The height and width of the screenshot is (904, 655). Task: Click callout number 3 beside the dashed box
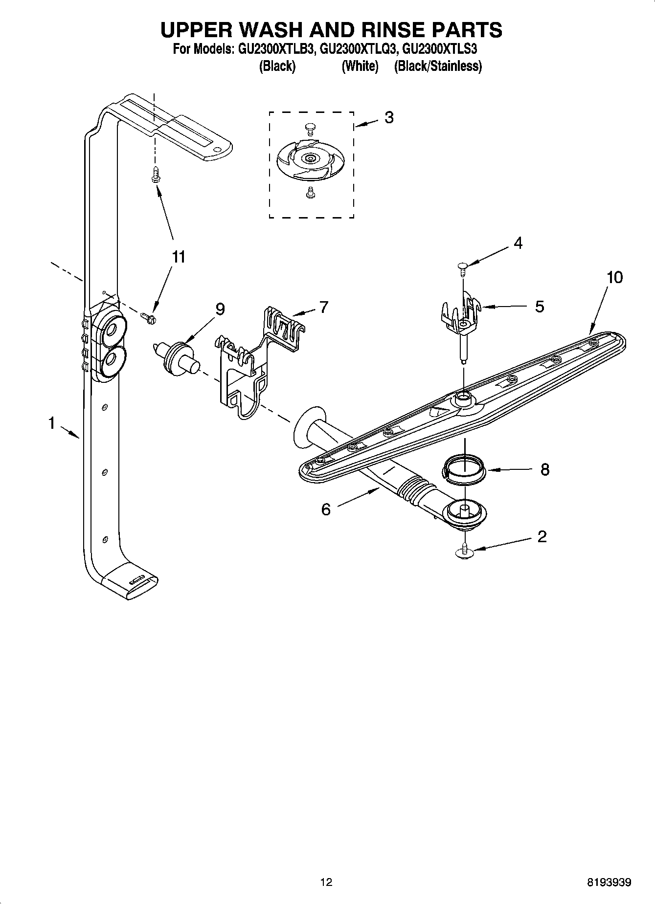389,117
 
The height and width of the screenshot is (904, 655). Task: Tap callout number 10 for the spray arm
614,277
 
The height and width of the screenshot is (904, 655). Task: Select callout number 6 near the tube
326,509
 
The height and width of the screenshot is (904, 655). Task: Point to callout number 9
220,309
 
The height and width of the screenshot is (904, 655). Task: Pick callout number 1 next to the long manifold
52,423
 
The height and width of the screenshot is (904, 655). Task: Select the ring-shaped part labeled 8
464,469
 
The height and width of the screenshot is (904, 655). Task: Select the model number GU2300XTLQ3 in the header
356,49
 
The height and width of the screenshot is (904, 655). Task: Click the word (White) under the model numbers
360,66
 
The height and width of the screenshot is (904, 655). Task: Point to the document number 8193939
609,882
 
